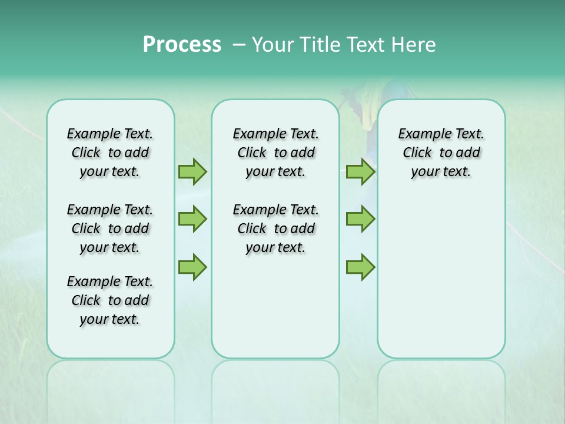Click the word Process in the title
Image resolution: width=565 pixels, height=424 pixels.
pos(182,45)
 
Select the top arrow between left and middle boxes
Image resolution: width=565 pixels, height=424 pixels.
pos(192,172)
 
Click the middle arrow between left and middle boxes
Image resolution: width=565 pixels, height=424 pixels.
pos(192,219)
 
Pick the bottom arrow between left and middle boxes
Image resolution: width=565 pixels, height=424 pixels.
pos(192,267)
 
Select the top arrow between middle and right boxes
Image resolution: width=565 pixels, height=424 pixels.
pos(360,172)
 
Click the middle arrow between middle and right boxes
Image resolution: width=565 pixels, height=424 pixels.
pos(360,219)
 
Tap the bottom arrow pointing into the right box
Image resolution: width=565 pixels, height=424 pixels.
pos(360,267)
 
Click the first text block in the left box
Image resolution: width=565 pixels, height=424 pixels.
pos(110,153)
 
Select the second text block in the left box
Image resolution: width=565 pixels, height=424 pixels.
pos(110,228)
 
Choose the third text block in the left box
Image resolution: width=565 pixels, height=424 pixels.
pos(110,300)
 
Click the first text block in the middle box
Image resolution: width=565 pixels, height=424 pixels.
pos(275,153)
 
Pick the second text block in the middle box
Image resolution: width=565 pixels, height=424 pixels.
pos(275,228)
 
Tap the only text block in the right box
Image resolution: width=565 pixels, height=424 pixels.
pos(441,153)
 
